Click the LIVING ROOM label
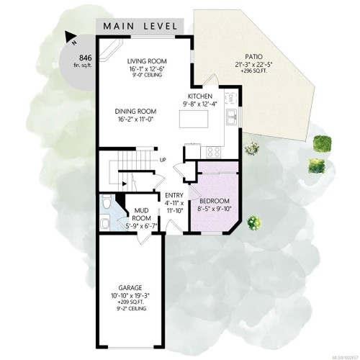click(147, 60)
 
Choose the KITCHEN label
click(199, 96)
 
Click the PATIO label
click(253, 56)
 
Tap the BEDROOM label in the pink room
click(215, 200)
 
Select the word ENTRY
click(173, 195)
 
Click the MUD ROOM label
click(141, 213)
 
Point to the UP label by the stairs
click(163, 160)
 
